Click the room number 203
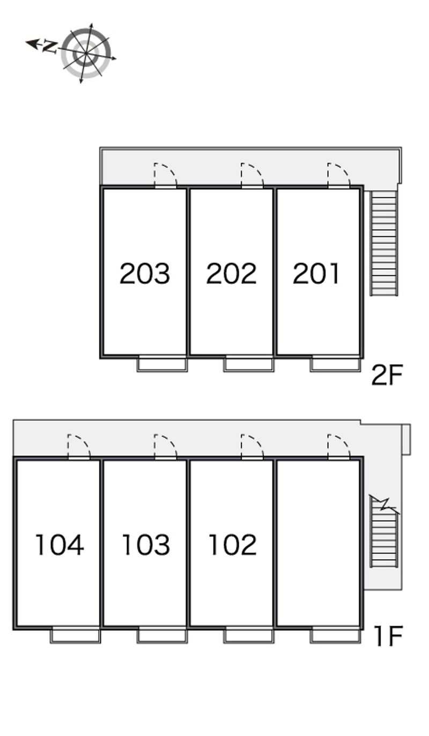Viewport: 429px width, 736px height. (x=144, y=273)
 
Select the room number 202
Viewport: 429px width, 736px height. (x=231, y=273)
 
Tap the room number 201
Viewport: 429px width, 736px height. (x=316, y=273)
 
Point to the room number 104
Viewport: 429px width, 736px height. (x=59, y=545)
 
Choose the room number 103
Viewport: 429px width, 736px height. (x=145, y=545)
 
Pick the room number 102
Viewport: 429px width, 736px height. (x=232, y=545)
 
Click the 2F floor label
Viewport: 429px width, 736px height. (x=387, y=375)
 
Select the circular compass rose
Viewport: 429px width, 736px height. (x=86, y=53)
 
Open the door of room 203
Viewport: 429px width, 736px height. (x=165, y=176)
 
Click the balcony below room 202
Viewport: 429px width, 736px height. (x=249, y=365)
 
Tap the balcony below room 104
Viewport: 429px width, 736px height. (x=76, y=636)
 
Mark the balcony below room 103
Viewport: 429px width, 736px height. (x=162, y=636)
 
